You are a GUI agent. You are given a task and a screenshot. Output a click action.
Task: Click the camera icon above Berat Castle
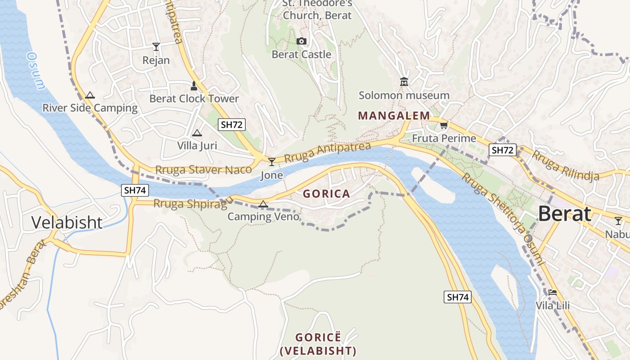point(301,41)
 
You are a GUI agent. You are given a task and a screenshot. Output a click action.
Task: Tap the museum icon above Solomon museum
point(404,82)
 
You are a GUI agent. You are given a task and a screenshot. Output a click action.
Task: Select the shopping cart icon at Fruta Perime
point(444,126)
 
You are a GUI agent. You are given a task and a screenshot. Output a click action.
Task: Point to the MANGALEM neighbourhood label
point(394,116)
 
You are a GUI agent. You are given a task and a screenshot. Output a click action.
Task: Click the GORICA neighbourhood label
point(326,194)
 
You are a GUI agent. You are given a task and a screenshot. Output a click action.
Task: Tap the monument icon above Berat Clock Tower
point(194,85)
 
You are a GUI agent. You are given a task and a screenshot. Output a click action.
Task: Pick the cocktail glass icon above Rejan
point(156,46)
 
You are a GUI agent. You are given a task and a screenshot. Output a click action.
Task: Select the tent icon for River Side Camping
point(90,95)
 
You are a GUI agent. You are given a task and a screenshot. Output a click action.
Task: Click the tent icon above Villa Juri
point(197,133)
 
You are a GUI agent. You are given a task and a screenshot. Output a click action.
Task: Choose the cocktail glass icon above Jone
point(272,162)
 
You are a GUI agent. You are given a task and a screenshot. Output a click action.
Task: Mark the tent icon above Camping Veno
point(263,204)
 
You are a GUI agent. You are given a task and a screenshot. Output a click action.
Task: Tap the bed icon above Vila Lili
point(553,292)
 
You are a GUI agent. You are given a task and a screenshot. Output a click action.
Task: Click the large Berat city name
point(564,214)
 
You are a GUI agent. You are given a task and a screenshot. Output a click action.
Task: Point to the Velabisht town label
point(67,222)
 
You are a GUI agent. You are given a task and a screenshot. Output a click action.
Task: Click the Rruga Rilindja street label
point(566,165)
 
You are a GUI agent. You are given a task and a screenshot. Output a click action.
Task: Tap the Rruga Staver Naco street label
point(203,170)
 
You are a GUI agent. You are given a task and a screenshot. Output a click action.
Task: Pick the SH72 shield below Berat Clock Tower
point(232,125)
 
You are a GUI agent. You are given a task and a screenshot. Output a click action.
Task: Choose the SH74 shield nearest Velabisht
point(135,190)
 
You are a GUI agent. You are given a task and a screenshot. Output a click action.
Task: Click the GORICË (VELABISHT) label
point(318,344)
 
